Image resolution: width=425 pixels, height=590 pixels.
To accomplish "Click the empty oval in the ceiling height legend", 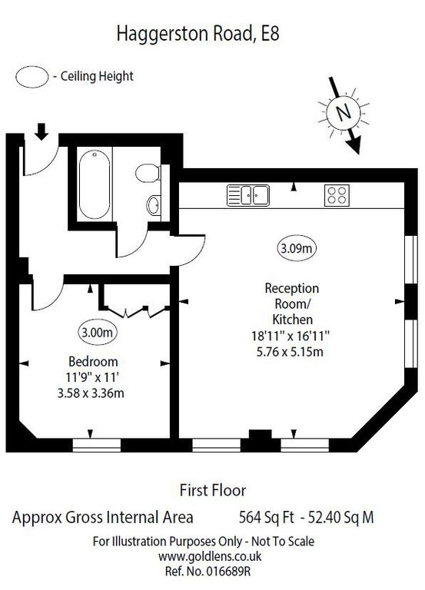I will [x=32, y=76].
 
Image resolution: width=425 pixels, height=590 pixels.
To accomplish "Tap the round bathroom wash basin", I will [x=153, y=205].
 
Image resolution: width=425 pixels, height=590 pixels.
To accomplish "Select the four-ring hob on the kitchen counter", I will [x=337, y=195].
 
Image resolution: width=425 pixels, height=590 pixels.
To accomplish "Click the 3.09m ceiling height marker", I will [x=296, y=247].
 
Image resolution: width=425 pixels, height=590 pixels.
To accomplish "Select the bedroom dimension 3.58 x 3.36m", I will [x=92, y=393].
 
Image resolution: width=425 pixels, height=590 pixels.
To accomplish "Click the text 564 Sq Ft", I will [x=254, y=517].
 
